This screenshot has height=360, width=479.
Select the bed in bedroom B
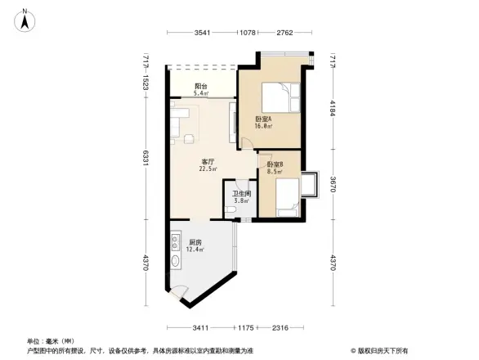pos(285,197)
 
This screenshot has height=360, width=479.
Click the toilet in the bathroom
pos(231,214)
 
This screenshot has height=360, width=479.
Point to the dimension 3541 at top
pos(203,33)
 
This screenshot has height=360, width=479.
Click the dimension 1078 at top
pos(248,33)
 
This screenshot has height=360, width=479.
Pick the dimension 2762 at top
pos(284,33)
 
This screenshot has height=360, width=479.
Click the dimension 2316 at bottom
pos(280,328)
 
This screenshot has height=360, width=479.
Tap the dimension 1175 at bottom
pos(248,328)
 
